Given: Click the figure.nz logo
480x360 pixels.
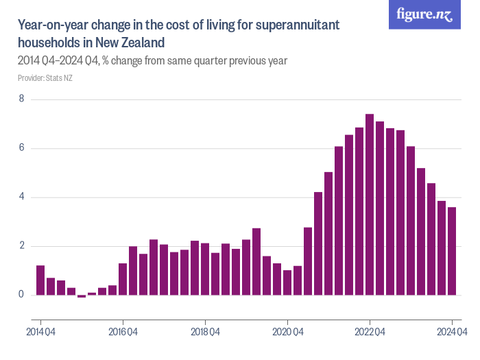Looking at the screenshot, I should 424,15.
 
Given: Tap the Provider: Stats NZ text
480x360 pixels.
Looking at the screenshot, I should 45,78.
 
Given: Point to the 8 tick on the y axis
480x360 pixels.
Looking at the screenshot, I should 21,99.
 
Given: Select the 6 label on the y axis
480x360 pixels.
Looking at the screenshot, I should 21,148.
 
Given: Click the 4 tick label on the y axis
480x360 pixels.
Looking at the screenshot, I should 21,197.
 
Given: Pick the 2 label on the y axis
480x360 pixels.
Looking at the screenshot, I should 21,246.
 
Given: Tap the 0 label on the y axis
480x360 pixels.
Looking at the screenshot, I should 21,295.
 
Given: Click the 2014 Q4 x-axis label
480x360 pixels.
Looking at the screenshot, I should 40,333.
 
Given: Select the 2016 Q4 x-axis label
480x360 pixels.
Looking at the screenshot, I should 123,333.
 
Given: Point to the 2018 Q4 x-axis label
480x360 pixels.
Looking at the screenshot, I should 205,333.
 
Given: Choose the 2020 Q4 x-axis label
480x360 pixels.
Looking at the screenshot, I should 287,333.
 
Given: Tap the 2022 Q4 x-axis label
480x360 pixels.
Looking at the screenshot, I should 370,333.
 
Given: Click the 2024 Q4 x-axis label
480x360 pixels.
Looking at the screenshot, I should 452,333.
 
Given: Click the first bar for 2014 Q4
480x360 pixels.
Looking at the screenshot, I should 40,280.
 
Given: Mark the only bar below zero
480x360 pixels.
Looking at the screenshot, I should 82,296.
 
